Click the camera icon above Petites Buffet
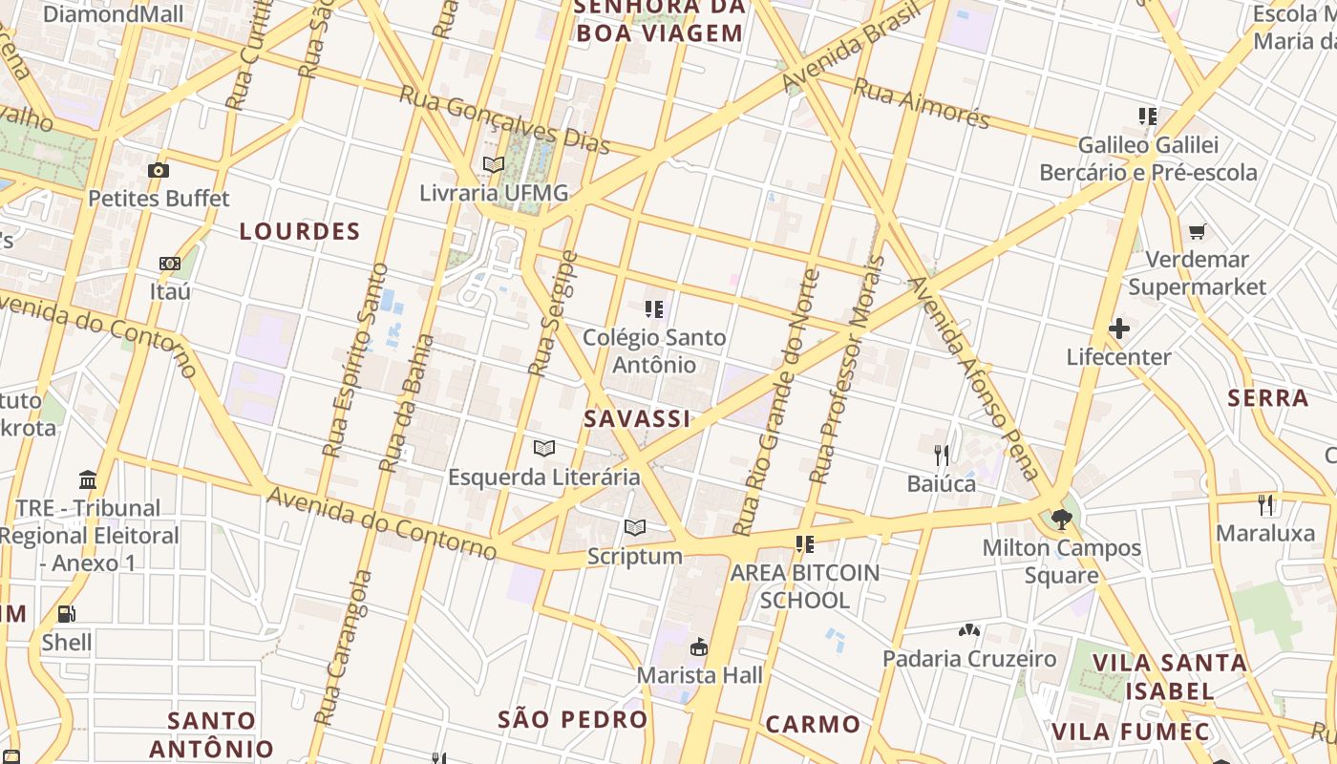click(159, 171)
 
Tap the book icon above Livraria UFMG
click(494, 164)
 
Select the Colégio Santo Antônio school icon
click(654, 308)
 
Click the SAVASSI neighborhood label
click(637, 418)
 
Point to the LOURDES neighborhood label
click(300, 231)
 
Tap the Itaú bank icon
click(170, 264)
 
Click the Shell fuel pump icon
click(66, 614)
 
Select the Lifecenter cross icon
click(1118, 329)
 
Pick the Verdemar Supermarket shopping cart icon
click(1198, 231)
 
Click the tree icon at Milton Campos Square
click(1061, 520)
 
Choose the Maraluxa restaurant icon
click(1266, 504)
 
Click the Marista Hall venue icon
click(700, 647)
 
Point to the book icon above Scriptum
click(635, 527)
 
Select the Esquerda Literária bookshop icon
click(544, 448)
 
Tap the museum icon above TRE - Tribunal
click(89, 478)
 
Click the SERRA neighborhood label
click(1268, 398)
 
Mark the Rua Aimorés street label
click(922, 102)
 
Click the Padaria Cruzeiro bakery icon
click(969, 630)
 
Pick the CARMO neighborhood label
click(813, 723)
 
